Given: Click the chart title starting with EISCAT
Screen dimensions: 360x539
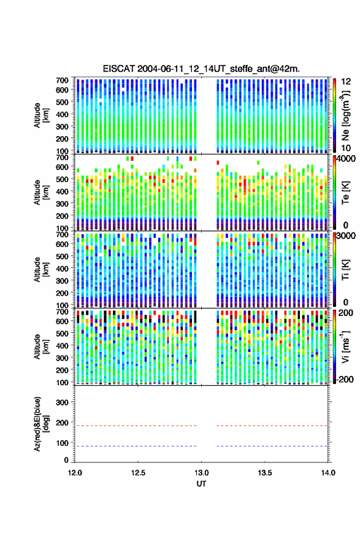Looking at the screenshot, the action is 201,69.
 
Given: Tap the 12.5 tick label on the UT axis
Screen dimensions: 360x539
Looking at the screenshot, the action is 138,473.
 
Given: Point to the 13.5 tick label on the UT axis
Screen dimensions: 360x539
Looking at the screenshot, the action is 265,473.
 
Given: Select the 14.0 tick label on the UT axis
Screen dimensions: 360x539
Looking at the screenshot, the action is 328,473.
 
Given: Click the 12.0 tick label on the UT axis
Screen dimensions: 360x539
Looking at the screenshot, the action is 75,473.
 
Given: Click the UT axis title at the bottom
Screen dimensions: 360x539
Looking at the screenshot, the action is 201,484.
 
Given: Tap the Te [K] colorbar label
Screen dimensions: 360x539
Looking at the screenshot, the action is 345,193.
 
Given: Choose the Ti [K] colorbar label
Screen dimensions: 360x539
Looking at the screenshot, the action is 345,270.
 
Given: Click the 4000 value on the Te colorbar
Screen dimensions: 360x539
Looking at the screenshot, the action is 347,159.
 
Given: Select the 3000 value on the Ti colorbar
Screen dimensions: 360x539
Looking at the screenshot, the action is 347,236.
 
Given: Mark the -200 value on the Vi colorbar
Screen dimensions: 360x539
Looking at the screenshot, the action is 345,380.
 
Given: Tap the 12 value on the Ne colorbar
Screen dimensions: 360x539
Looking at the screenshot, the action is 347,82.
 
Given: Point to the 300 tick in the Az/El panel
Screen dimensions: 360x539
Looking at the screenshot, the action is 62,402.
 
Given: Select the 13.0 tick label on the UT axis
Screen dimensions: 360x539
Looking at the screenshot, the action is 202,473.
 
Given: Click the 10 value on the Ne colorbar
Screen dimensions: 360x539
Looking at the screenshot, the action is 347,148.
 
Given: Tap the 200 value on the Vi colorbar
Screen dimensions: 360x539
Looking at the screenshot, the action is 346,313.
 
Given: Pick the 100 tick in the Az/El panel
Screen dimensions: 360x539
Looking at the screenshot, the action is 62,443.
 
